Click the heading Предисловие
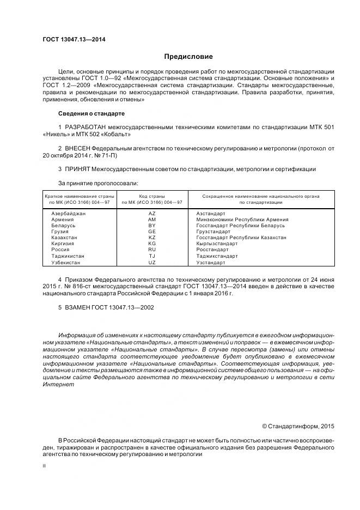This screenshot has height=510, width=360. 188,56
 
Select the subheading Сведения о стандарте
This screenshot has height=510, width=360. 91,114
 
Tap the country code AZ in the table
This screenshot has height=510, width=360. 152,214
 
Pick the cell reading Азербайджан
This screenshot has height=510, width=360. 68,214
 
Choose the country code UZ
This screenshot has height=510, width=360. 152,263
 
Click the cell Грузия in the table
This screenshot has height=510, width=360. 59,232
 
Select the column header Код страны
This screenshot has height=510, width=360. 152,196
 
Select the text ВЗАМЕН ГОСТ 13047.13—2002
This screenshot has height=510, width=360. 109,307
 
